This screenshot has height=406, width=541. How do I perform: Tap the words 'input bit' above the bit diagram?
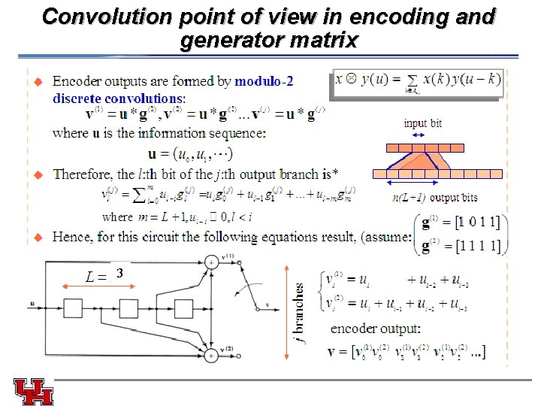coord(423,124)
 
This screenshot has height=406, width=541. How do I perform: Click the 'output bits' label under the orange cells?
coord(454,198)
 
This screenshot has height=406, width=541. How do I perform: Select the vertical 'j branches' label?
coord(300,312)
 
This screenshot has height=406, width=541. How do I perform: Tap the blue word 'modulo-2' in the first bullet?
coord(264,81)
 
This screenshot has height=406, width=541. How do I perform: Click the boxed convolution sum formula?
coord(416,83)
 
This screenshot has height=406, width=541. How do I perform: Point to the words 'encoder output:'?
coord(376,329)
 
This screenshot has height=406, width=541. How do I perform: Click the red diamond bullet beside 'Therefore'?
coord(40,174)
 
